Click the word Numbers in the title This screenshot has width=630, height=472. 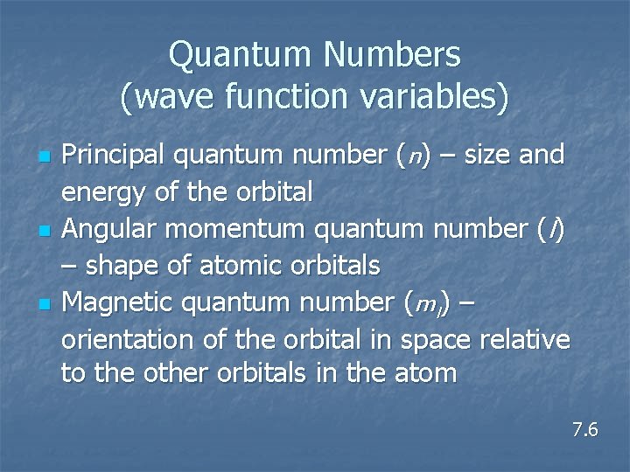click(x=393, y=57)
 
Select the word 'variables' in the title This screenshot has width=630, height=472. click(x=428, y=97)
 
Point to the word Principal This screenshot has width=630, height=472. click(x=113, y=156)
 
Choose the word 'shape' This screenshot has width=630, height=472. click(x=116, y=266)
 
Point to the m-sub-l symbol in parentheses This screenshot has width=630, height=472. click(x=427, y=304)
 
